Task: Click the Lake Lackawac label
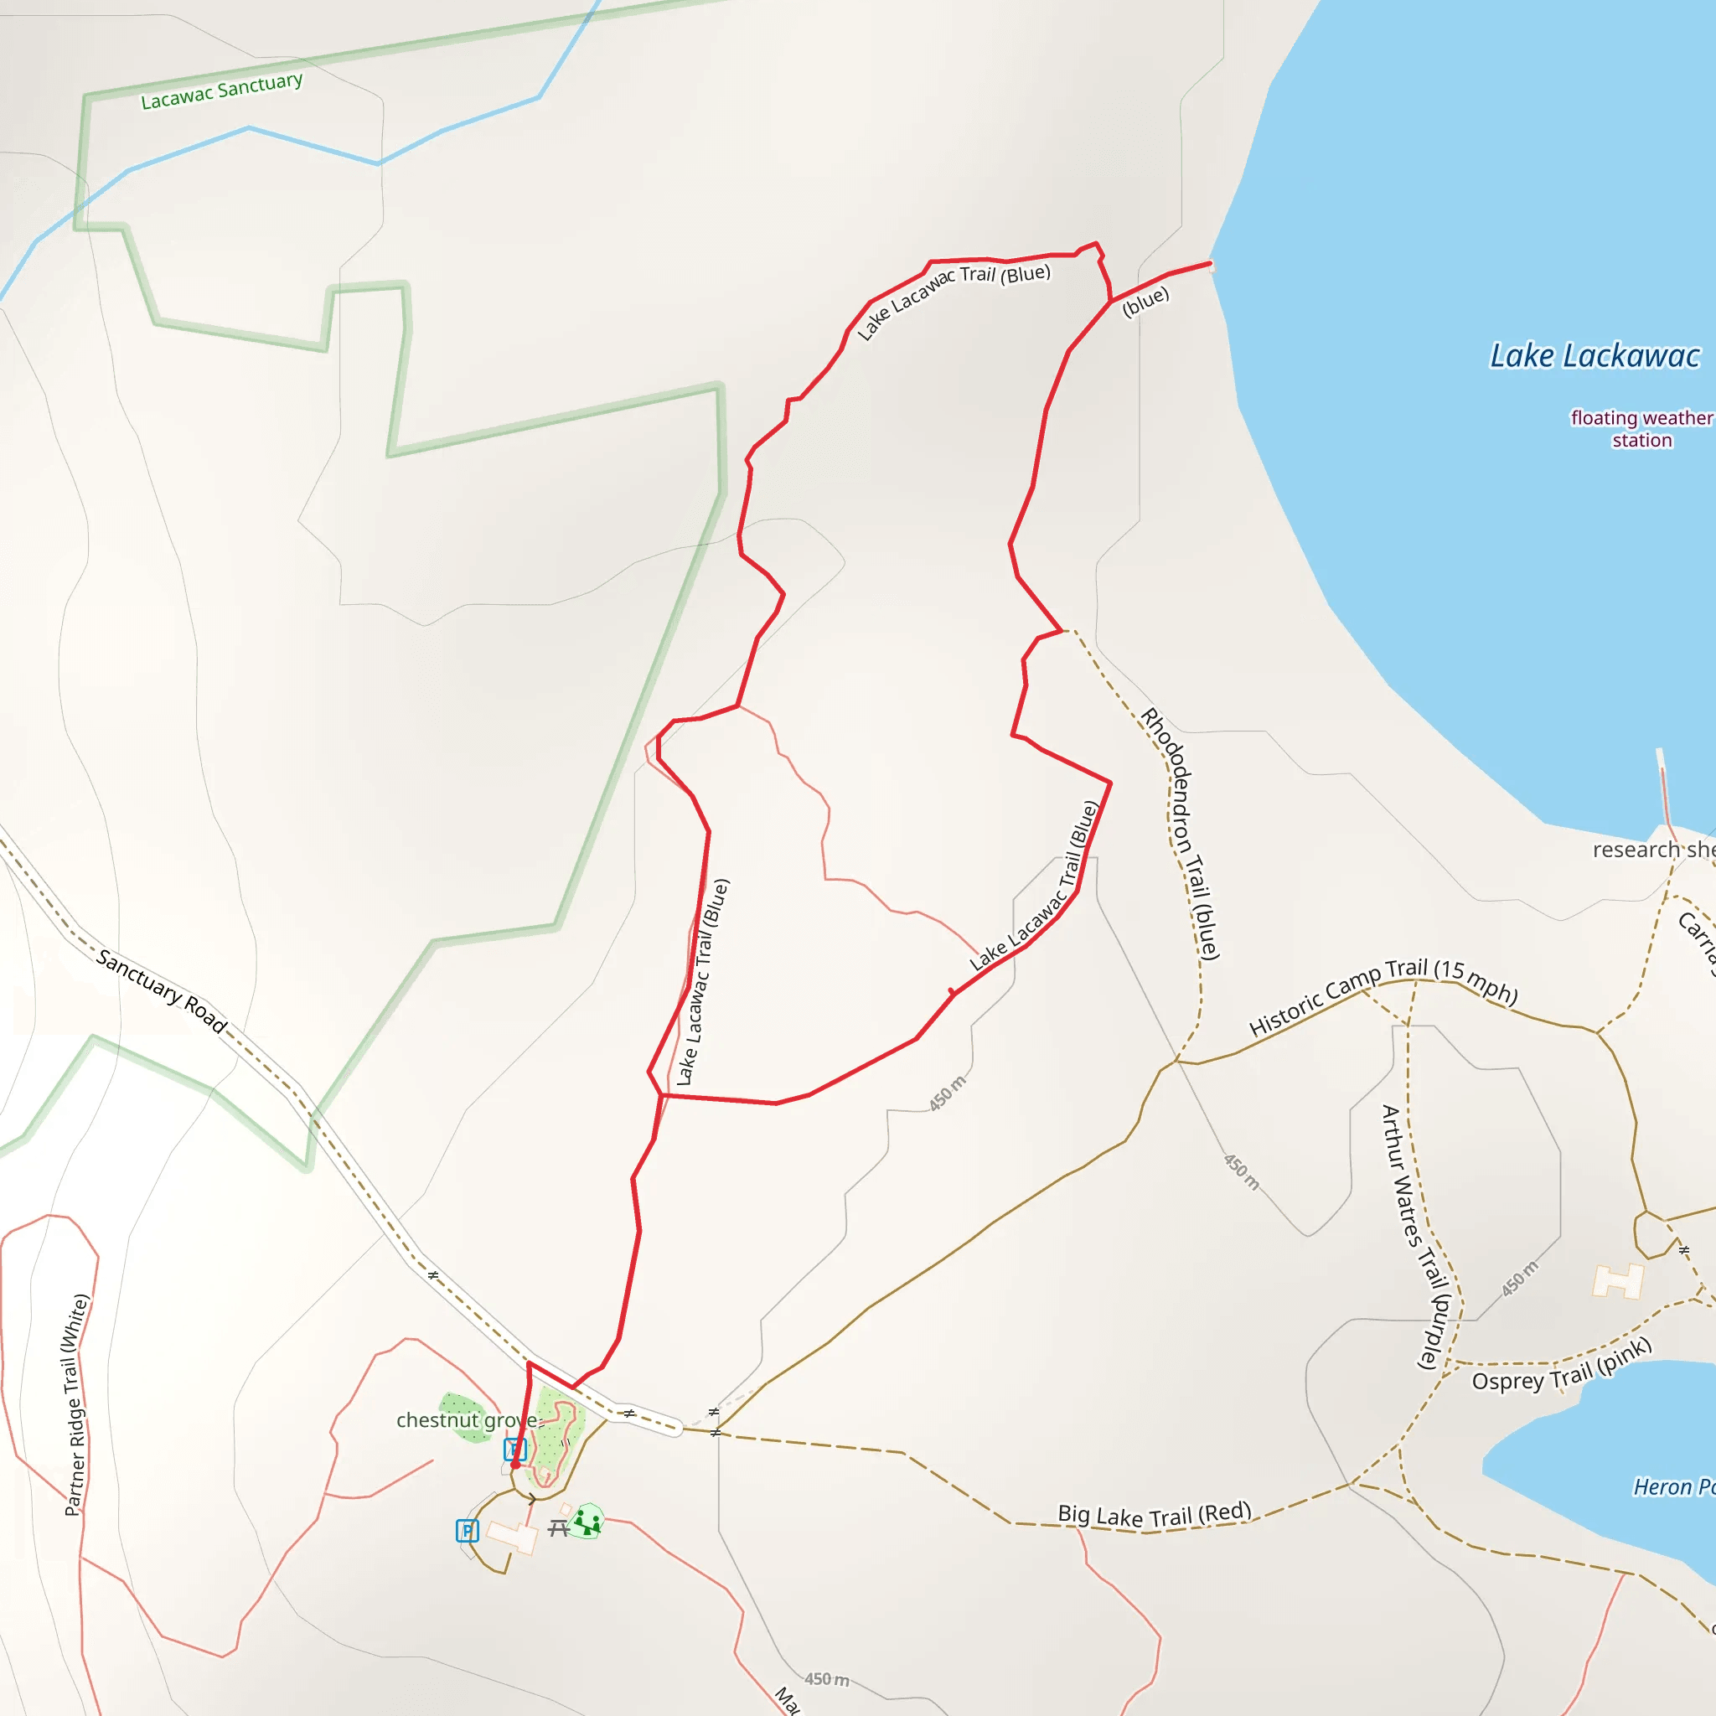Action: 1595,356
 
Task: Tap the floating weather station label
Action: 1641,429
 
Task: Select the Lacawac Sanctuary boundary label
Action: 222,90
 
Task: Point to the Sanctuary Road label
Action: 162,990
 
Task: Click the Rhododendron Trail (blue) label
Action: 1181,833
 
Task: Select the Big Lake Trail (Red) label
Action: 1154,1514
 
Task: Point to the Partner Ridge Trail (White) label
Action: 77,1405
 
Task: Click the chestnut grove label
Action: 468,1420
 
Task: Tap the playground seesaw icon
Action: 587,1522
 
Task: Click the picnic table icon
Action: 559,1527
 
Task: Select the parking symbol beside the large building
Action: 468,1530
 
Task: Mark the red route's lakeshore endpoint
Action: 1210,263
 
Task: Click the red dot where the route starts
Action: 515,1465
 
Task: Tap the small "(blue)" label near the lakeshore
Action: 1145,302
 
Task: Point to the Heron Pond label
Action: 1673,1488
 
